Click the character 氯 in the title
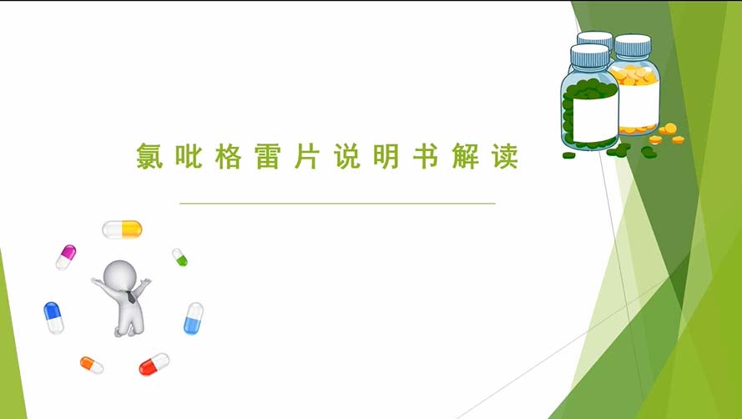[149, 156]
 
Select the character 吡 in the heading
[189, 156]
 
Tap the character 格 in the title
[229, 156]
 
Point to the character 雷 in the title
[268, 156]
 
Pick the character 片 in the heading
[307, 156]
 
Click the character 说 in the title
[347, 156]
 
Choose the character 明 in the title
[386, 156]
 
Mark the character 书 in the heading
[426, 156]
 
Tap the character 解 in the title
[466, 156]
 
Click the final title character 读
[505, 156]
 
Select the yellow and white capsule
[122, 230]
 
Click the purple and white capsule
[66, 257]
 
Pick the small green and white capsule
[179, 257]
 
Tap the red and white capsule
[154, 364]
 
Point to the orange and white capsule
[92, 365]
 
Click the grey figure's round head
[120, 275]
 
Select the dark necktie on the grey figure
[131, 297]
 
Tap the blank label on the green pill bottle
[595, 118]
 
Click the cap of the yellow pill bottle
[633, 45]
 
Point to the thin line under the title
[337, 204]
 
